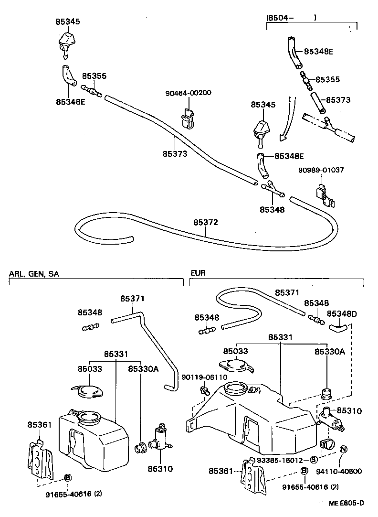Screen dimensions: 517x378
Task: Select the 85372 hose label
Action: coord(206,223)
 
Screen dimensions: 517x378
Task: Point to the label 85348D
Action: coord(343,313)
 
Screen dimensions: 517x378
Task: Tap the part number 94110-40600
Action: coord(339,471)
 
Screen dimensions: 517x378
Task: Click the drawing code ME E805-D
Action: coord(346,503)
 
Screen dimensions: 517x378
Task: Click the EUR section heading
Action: coord(198,274)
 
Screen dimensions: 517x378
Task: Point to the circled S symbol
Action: coord(314,460)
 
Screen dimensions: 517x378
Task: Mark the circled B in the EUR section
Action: coord(304,472)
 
